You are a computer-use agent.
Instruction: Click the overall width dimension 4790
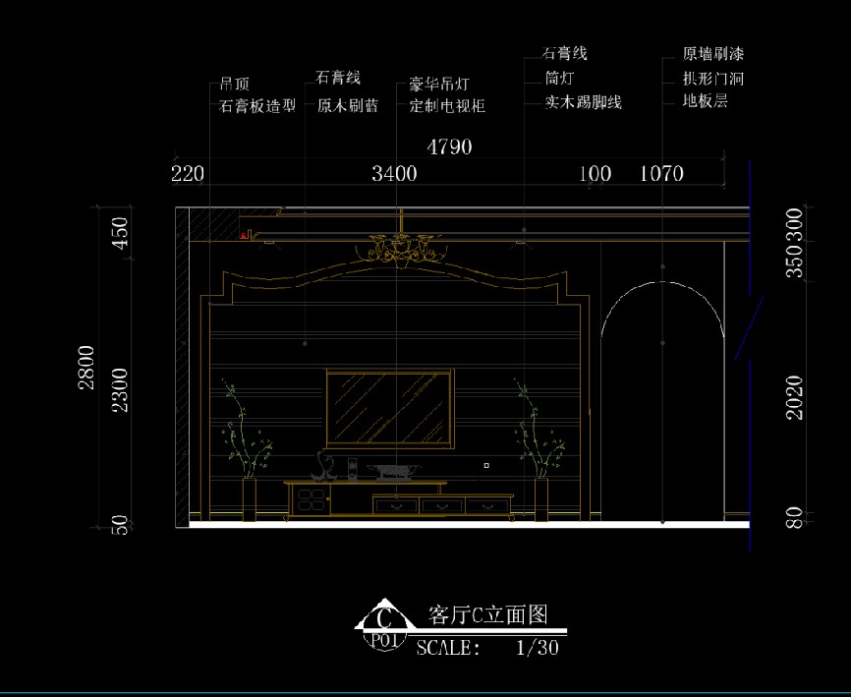449,147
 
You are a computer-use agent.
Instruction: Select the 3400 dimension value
394,174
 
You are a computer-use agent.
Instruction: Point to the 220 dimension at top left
187,174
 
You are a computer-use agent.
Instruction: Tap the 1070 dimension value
661,174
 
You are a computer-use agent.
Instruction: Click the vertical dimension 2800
87,367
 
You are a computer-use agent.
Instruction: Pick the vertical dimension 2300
119,388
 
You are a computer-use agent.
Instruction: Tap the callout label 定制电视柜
447,105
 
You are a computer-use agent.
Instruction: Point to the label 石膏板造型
256,105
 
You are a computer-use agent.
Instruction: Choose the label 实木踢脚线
584,101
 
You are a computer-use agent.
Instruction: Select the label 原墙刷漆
713,54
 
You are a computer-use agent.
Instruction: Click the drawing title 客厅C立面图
487,615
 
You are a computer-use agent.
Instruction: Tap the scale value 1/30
538,648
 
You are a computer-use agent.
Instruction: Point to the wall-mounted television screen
389,407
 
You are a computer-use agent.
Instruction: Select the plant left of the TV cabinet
246,437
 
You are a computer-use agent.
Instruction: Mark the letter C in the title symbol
385,618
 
